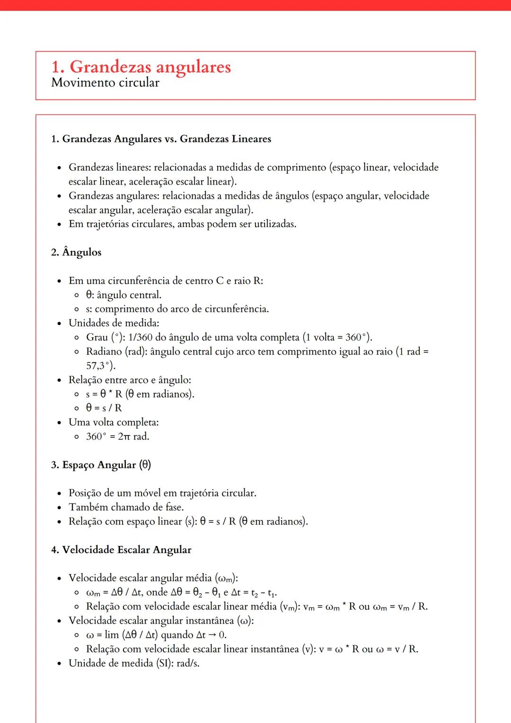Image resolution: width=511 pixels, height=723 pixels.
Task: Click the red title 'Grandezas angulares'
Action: [150, 67]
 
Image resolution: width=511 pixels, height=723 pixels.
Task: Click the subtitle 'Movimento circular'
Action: [105, 83]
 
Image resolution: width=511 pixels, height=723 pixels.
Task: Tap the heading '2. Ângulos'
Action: [76, 252]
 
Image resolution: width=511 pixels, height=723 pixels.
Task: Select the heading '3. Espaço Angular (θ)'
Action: [101, 465]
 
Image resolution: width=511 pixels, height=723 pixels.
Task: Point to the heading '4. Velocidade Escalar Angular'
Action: [121, 550]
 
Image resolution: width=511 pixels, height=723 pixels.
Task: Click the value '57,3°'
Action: [100, 366]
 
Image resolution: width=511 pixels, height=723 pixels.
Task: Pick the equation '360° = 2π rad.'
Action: [117, 436]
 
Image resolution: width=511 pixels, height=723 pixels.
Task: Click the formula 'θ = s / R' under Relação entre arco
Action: [104, 408]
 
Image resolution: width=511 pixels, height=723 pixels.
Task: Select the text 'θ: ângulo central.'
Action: [123, 295]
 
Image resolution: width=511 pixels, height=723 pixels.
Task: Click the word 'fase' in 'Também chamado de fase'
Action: [174, 507]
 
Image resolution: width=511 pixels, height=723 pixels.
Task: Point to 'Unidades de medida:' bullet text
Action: [114, 323]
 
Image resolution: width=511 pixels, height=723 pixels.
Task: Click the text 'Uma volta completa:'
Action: [114, 422]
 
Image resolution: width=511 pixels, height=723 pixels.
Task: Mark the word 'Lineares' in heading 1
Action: [251, 139]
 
